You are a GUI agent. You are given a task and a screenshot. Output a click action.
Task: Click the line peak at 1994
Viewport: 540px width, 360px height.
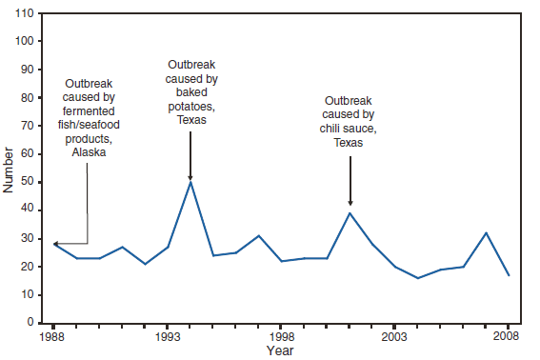(x=190, y=182)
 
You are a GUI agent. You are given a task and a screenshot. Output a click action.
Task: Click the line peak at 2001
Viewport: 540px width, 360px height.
(x=350, y=212)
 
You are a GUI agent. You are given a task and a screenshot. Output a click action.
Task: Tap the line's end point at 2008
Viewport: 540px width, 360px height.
(x=509, y=275)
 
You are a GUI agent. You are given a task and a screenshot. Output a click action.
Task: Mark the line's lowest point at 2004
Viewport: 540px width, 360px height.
(x=418, y=278)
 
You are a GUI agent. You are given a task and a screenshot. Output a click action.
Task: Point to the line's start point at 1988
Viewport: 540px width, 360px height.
(x=54, y=244)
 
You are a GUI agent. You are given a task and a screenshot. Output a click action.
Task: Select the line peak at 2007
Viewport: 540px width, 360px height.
(x=486, y=232)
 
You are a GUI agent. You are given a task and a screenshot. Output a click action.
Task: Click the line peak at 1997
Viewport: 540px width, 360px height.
(x=258, y=235)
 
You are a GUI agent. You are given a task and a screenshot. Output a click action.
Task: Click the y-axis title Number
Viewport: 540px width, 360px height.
(x=10, y=169)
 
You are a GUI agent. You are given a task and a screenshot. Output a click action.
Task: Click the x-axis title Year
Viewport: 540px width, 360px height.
(x=280, y=351)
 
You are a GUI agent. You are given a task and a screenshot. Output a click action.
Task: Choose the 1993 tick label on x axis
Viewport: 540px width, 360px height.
(x=168, y=337)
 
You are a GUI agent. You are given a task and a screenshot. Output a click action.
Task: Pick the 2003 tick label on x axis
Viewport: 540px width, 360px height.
(x=395, y=337)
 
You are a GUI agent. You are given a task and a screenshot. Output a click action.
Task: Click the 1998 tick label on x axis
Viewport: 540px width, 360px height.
(x=281, y=337)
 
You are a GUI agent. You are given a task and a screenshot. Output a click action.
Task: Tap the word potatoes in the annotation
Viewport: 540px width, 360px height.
(x=190, y=108)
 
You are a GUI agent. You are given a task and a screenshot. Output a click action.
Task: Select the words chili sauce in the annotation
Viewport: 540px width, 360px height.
(x=350, y=128)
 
